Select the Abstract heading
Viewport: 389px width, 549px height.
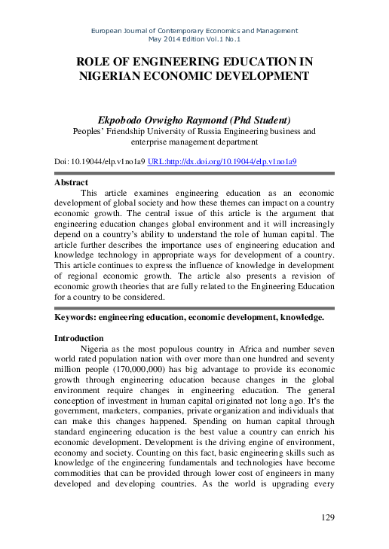72,182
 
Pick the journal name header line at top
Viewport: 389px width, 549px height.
194,31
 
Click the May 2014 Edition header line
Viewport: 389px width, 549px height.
194,39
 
